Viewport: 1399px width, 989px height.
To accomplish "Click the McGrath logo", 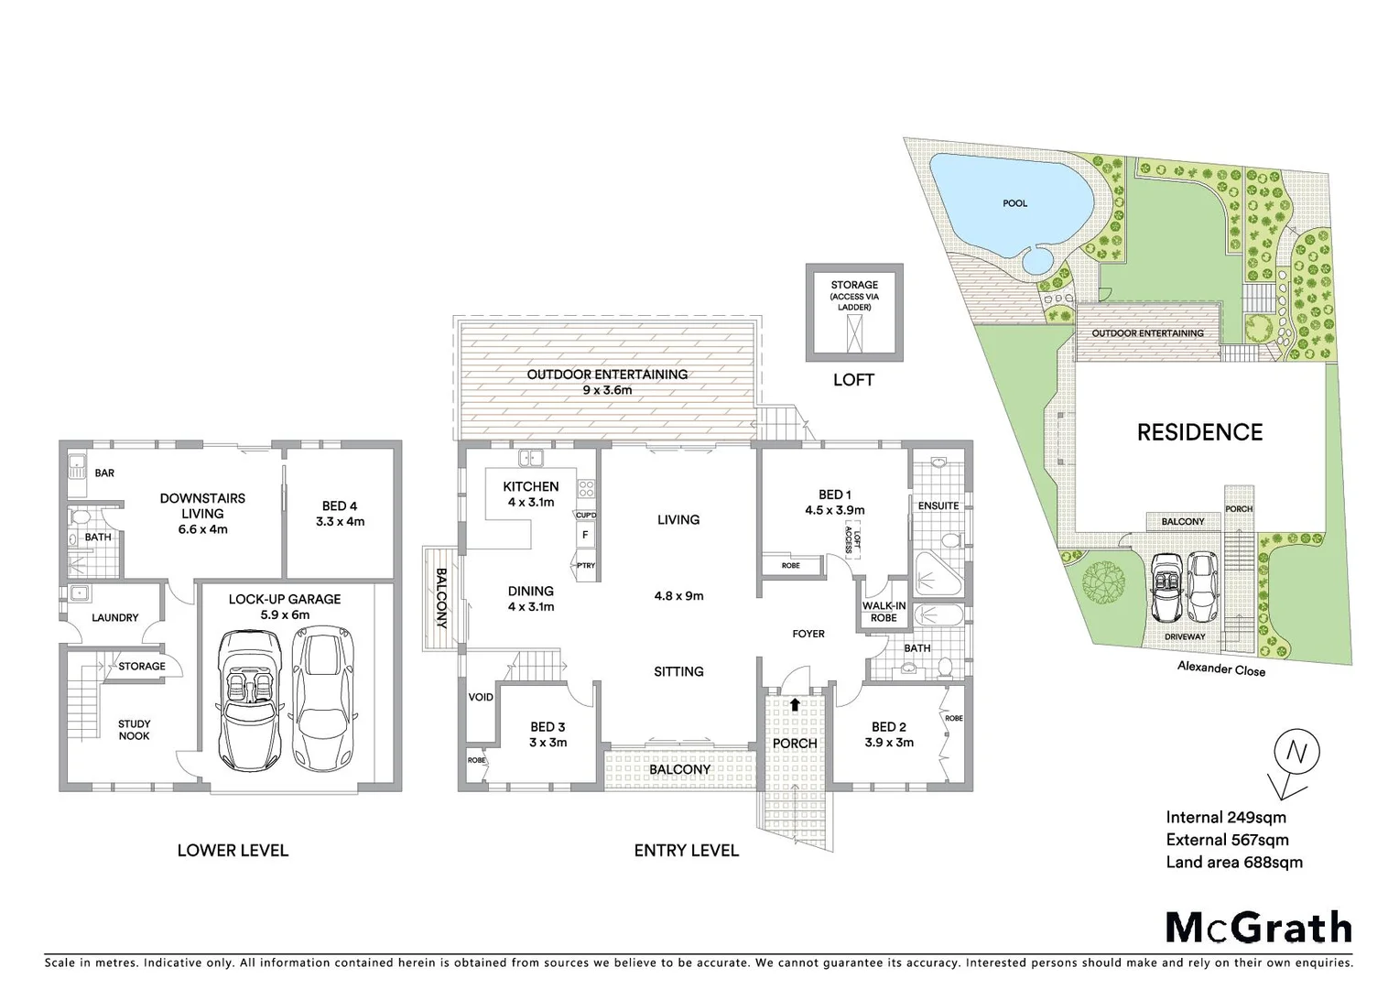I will click(1258, 928).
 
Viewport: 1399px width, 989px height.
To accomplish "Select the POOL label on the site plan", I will click(1014, 203).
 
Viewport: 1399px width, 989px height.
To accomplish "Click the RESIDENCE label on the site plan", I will click(1199, 432).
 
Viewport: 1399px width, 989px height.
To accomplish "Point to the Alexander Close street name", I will click(1221, 670).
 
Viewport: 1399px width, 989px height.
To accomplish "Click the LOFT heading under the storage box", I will click(853, 380).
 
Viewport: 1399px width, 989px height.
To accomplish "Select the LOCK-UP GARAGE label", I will click(284, 599).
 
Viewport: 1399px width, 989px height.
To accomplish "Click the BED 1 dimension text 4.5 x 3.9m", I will click(834, 511).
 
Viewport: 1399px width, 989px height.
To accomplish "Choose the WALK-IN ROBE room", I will click(884, 612).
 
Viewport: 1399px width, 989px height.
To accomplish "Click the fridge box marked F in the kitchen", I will click(584, 535).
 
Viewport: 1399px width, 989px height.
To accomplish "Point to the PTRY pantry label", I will click(585, 566).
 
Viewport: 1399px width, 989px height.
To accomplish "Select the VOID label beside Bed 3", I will click(481, 698).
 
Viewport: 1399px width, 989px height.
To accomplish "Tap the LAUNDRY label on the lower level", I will click(114, 618).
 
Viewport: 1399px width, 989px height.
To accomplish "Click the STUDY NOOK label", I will click(134, 730).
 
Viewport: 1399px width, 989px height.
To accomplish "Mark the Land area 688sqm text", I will click(1233, 862).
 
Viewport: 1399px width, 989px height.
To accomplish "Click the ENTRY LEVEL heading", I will click(686, 851).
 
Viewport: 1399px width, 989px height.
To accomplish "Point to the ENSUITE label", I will click(938, 505).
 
